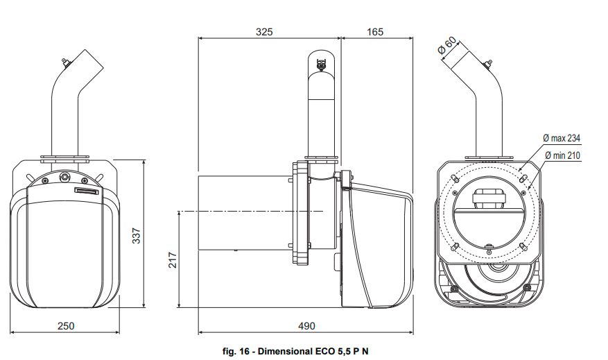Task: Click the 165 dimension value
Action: (x=374, y=31)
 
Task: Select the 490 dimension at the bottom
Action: (x=306, y=325)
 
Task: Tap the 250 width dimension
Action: (x=66, y=325)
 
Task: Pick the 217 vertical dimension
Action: (x=173, y=260)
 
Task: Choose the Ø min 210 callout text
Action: (x=562, y=155)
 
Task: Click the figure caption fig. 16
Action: (x=239, y=351)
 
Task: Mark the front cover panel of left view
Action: (x=67, y=250)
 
